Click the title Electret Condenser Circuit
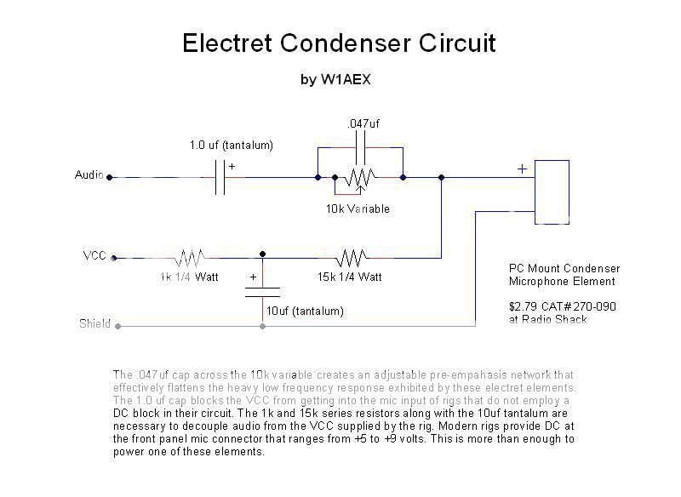(339, 43)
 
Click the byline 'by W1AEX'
(335, 80)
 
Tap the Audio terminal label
(89, 175)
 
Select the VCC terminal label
(94, 255)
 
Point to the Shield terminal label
(94, 323)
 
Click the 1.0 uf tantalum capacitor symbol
(220, 177)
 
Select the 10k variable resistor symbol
(361, 178)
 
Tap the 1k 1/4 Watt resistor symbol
(189, 256)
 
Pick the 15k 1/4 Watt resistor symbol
(351, 256)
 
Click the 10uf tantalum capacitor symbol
(262, 291)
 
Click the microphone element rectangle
(551, 191)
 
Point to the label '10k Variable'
(358, 209)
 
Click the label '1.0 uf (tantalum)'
(231, 146)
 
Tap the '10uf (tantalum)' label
(306, 311)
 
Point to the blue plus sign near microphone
(522, 169)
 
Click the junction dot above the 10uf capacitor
(262, 254)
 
